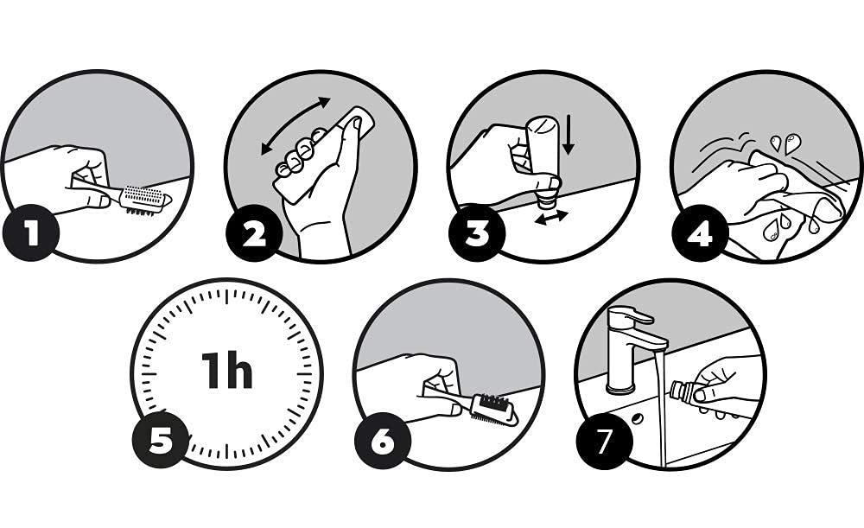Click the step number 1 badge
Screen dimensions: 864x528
click(31, 232)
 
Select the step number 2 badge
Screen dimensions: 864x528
click(254, 232)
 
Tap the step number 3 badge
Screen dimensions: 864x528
click(477, 232)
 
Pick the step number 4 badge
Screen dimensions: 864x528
click(699, 232)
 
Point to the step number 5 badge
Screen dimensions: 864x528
click(161, 441)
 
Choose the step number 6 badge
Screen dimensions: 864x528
click(383, 441)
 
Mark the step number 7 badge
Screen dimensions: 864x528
click(605, 441)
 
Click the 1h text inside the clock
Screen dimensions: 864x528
click(226, 371)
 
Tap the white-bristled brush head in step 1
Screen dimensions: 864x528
click(145, 200)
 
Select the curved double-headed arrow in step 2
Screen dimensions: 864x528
click(295, 124)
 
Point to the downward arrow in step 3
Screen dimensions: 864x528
click(569, 135)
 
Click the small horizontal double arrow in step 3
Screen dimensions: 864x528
click(551, 217)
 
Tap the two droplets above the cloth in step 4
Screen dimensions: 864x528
click(785, 143)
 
